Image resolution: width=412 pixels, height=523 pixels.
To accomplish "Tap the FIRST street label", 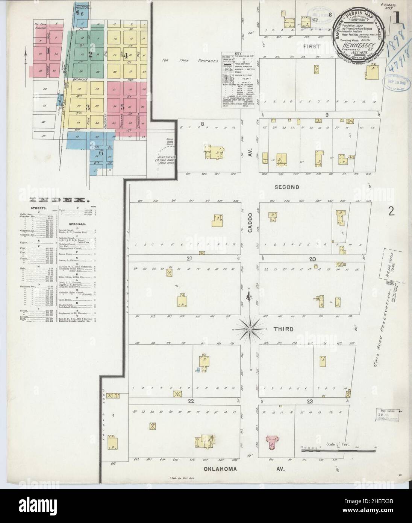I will click(313, 47).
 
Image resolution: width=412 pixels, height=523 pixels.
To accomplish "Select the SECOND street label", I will click(286, 187).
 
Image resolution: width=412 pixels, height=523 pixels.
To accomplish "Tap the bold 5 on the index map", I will click(122, 106).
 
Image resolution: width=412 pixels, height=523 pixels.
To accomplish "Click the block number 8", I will click(202, 123).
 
